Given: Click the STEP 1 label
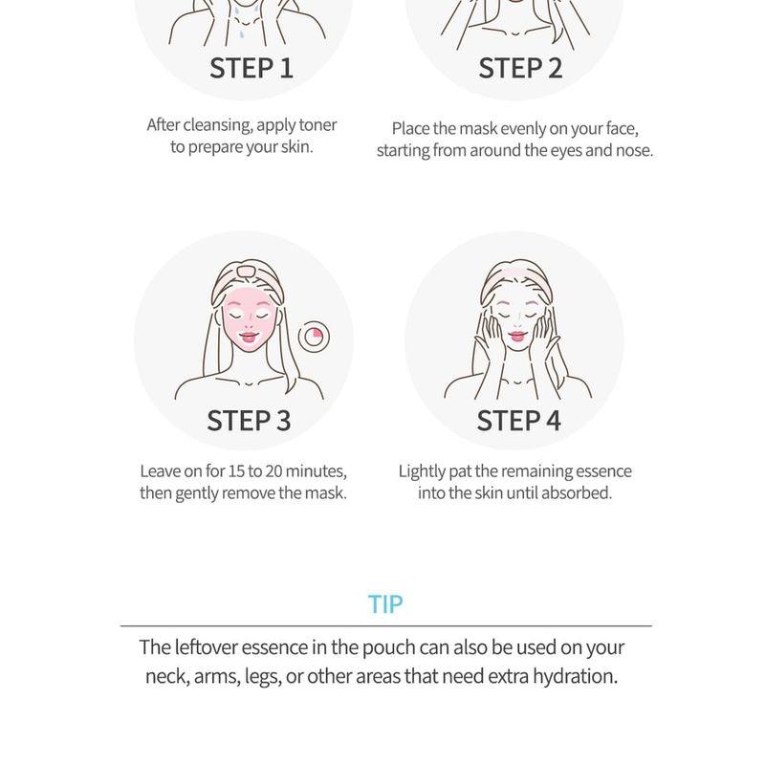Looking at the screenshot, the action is pos(251,68).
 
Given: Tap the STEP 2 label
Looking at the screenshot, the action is pos(520,68).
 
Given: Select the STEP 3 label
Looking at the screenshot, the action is pos(249,421).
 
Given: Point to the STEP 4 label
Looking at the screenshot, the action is pos(518,421).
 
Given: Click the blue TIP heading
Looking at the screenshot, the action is pos(385,604).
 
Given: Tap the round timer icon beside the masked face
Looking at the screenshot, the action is pos(314,337).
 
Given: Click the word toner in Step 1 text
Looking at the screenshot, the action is pos(317,125).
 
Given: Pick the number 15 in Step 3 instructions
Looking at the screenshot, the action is pos(236,471).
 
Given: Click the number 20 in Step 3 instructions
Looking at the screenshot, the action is pos(274,471).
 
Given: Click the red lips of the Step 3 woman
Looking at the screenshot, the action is pos(249,337).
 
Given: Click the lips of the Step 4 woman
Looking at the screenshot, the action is pos(517,336).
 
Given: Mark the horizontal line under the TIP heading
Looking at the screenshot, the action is pos(386,625).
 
